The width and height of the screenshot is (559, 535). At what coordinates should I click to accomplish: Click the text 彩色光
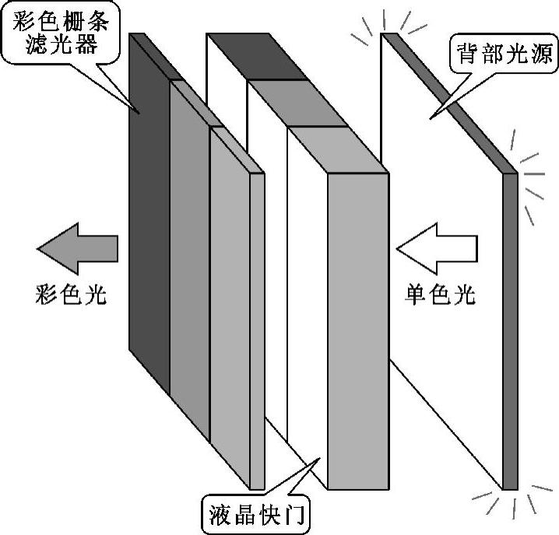pos(71,295)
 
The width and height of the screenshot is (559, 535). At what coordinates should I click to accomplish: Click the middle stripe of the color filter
pos(189,257)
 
